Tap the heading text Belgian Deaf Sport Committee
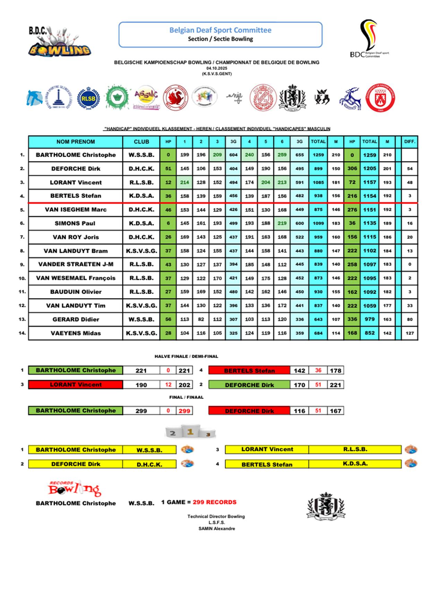220,30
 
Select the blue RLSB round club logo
88,98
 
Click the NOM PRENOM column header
76,141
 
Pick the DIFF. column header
410,141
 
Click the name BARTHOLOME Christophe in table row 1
76,155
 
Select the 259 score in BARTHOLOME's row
282,155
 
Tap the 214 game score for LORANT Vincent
184,182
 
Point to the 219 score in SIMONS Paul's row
282,223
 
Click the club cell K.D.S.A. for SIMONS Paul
141,223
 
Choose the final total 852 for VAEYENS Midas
369,333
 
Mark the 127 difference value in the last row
410,333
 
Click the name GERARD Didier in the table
76,319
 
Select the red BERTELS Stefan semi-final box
249,371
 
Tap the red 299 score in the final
184,411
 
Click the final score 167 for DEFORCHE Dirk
335,411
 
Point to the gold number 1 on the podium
190,432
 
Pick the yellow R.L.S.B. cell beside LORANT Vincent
355,449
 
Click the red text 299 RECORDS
214,502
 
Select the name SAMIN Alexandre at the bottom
217,529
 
